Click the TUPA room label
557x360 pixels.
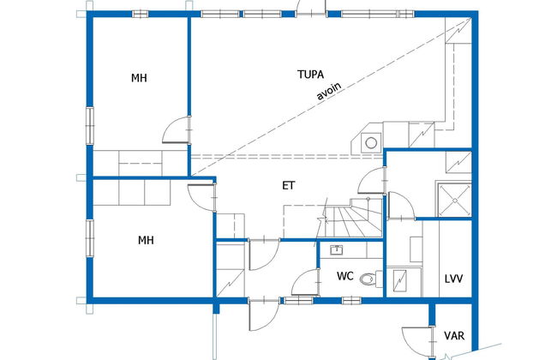tap(310, 75)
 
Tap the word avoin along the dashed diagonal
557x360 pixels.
tap(329, 91)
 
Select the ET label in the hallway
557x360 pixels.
tap(289, 185)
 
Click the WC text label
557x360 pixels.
tap(345, 276)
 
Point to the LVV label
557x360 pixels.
tap(453, 279)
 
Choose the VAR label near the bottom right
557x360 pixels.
tap(454, 335)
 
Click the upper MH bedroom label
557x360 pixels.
tap(139, 78)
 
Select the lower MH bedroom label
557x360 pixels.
tap(146, 240)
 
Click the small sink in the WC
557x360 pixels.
tap(336, 249)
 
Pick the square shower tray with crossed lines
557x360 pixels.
tap(455, 200)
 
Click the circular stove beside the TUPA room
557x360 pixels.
tap(371, 143)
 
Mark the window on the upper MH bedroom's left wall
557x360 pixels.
tap(90, 125)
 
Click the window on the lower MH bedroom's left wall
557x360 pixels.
tap(90, 238)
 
